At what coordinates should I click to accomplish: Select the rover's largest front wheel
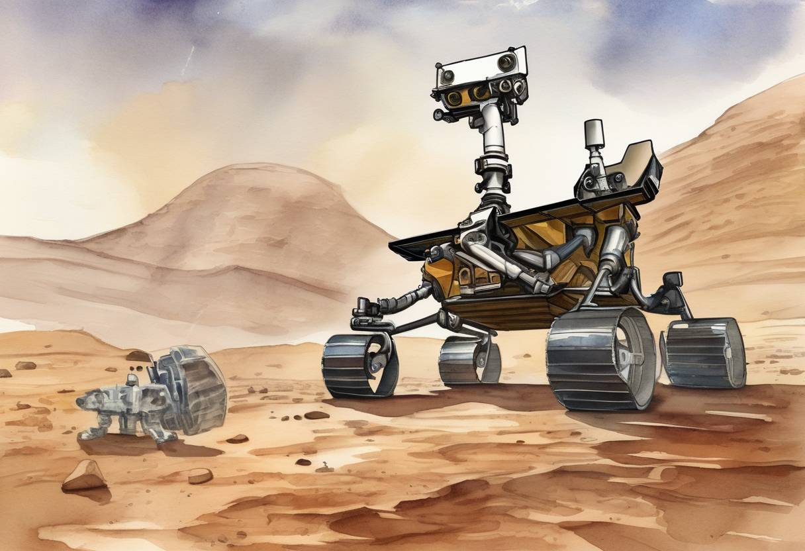599,359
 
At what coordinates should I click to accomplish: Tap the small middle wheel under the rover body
467,360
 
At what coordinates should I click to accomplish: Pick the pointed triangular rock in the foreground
84,476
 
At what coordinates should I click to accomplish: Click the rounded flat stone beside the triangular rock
200,476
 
